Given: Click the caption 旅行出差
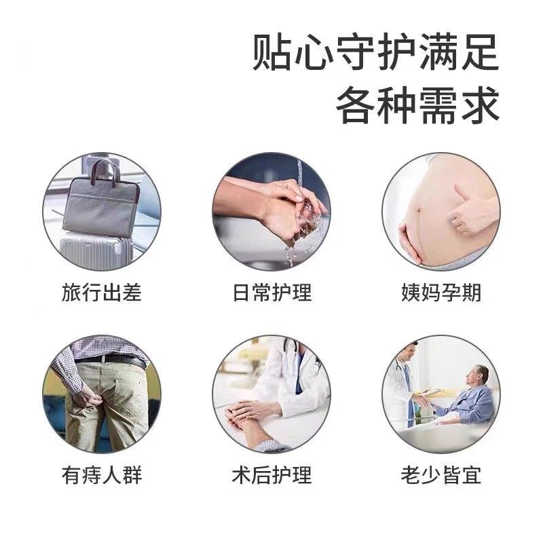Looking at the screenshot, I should [102, 293].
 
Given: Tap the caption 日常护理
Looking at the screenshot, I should [271, 293].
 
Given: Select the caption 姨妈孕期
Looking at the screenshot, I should [441, 293].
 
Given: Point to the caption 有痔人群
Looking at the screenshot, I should [102, 475].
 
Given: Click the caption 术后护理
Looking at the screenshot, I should [271, 475].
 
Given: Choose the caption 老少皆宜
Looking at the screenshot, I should [441, 475].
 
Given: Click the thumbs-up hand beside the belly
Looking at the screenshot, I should [472, 210].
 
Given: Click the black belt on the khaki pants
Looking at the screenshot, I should [115, 360].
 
